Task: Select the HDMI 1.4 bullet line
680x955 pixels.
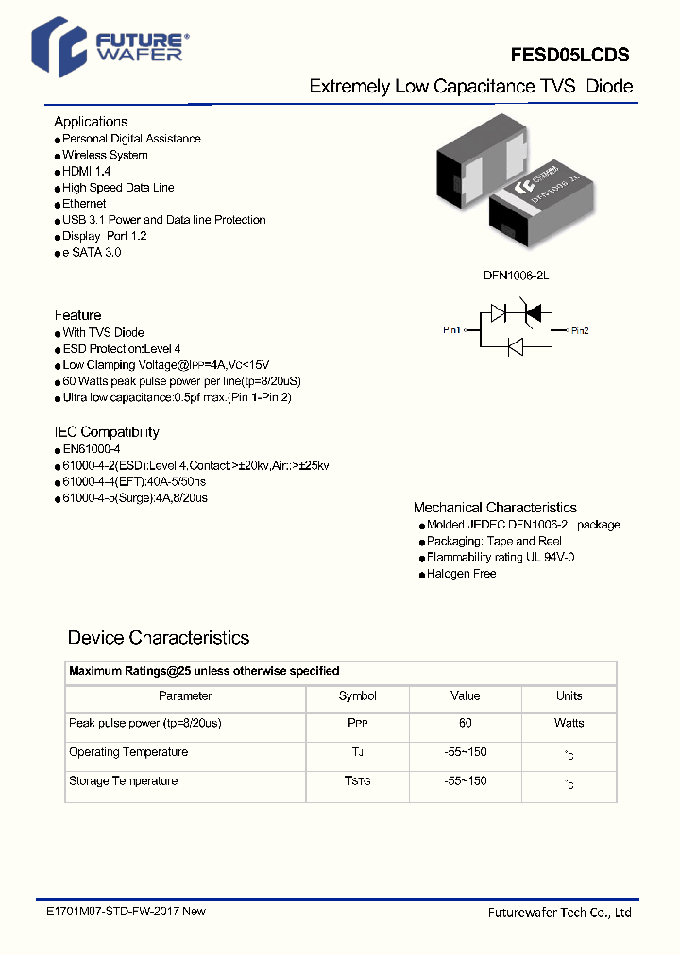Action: point(86,171)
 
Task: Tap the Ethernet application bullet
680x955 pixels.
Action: point(84,204)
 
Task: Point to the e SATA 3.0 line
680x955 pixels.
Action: point(92,253)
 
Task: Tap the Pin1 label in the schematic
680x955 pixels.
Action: point(452,330)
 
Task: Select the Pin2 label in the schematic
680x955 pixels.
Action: point(579,330)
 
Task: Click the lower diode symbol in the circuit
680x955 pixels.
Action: point(516,347)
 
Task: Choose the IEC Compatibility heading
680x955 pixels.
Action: point(107,432)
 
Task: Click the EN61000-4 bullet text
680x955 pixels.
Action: point(92,449)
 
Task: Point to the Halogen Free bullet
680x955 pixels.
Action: point(461,574)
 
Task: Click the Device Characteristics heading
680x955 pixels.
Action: point(159,638)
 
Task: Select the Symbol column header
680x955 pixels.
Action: point(357,696)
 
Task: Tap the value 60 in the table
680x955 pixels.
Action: point(465,724)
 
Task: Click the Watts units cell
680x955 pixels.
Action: point(569,724)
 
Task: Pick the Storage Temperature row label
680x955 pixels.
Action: point(123,781)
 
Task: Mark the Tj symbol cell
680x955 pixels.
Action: point(357,753)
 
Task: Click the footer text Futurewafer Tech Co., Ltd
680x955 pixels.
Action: point(559,913)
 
